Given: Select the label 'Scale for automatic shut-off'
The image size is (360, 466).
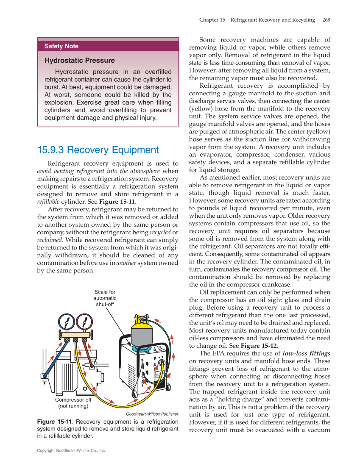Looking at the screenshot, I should (x=104, y=298).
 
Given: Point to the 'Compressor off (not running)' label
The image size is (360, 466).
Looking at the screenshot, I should (x=73, y=403).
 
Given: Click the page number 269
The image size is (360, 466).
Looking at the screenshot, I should (x=326, y=20).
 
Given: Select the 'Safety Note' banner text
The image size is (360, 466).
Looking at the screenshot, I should (x=61, y=46).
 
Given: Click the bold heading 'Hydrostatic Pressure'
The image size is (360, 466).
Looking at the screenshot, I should (x=79, y=61).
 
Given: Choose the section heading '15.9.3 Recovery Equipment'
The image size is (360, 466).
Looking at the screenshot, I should (x=98, y=150).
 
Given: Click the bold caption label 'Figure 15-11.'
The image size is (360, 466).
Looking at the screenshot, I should (x=55, y=422).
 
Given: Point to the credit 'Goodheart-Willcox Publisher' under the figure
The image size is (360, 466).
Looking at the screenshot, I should (x=152, y=414).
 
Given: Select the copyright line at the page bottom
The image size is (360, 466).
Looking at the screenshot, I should (x=71, y=451).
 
